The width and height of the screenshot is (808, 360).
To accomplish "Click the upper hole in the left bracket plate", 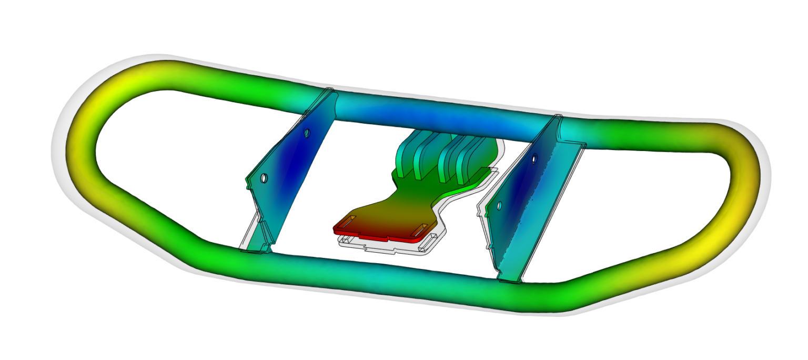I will [307, 134].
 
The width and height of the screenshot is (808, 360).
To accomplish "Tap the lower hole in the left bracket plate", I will [264, 178].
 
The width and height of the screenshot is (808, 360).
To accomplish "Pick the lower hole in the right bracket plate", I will [499, 205].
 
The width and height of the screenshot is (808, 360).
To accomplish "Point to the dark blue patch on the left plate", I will [295, 158].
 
